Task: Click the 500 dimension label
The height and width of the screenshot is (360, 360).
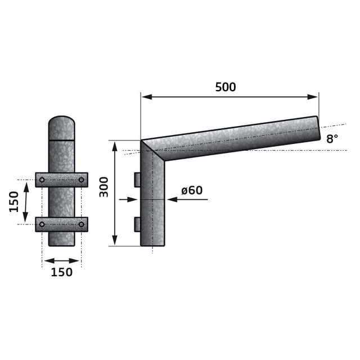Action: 226,87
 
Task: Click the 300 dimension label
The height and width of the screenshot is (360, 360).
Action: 103,187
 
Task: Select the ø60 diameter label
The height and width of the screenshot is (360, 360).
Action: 192,190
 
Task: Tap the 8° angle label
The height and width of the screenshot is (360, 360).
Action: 332,139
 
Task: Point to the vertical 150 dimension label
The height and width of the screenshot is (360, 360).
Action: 13,202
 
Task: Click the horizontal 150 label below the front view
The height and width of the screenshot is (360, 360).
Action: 61,272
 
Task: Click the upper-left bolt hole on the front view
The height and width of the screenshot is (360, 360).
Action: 42,180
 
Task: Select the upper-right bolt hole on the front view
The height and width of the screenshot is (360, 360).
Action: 81,180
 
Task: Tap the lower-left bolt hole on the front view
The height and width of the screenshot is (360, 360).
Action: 42,224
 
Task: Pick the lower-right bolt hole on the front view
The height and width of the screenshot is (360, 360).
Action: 81,224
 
